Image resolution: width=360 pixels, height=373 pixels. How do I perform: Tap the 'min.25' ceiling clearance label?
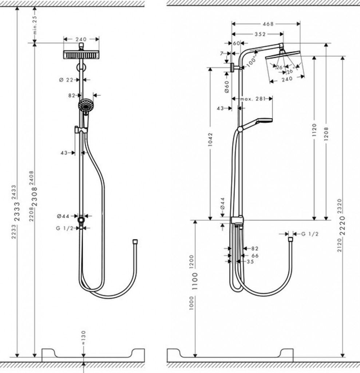coord(35,25)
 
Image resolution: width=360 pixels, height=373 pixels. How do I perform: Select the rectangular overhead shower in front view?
coord(82,55)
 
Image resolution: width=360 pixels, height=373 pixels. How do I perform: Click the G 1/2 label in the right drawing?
coord(310,234)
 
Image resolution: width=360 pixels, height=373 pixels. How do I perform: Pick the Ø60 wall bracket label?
coord(226,87)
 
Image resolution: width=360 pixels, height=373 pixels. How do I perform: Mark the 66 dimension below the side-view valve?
coord(255,256)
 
